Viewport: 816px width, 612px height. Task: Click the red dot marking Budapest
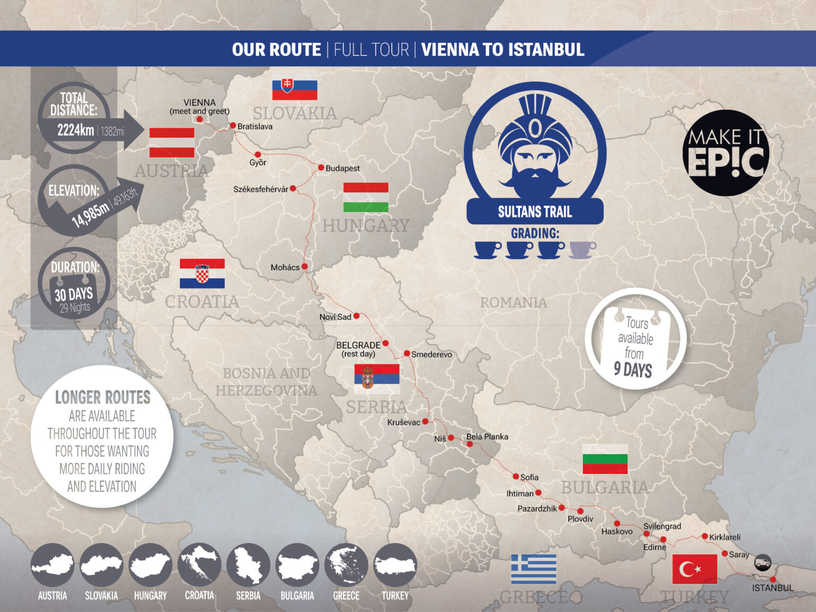tap(321, 167)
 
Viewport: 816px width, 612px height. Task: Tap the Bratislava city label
tap(254, 126)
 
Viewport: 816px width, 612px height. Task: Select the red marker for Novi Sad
tap(356, 316)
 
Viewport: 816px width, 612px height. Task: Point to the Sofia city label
tap(529, 477)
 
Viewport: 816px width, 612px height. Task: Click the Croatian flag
tap(202, 273)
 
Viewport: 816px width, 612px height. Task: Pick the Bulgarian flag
tap(605, 459)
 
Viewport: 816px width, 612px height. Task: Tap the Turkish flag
tap(694, 569)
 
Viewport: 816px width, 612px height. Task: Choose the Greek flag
tap(533, 569)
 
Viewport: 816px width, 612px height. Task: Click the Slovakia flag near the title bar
tap(294, 87)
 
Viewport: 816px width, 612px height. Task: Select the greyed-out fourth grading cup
tap(582, 249)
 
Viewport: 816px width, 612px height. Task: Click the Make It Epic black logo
tap(726, 153)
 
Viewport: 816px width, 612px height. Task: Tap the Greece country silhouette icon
tap(346, 565)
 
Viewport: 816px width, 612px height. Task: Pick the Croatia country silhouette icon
tap(199, 565)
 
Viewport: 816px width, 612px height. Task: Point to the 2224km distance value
tap(75, 130)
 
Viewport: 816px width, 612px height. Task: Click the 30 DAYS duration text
tap(74, 294)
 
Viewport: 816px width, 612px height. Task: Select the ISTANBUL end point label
tap(772, 588)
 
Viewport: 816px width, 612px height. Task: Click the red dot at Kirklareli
tap(705, 537)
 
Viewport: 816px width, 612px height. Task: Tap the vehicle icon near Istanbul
tap(763, 562)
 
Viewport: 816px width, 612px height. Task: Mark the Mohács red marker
tap(304, 266)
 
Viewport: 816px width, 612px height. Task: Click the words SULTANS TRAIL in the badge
tap(534, 212)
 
